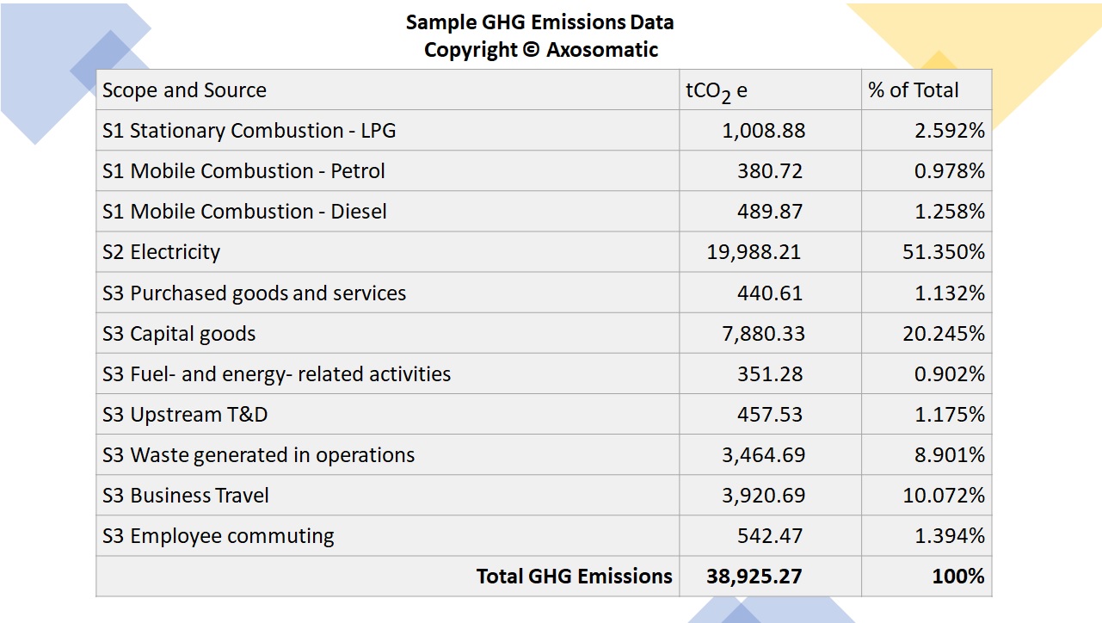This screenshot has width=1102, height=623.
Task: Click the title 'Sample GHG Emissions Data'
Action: [539, 22]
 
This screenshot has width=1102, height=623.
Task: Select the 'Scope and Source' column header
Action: [184, 90]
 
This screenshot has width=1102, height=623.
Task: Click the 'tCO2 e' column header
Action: [717, 91]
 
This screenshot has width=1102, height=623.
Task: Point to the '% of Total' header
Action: [914, 90]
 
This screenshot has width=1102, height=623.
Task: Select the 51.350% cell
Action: [944, 252]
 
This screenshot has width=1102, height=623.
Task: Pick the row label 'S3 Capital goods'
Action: [179, 334]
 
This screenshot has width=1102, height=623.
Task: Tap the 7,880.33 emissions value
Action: [764, 334]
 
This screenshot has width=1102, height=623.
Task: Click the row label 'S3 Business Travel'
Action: [186, 496]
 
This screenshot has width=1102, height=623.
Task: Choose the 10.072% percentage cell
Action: [944, 496]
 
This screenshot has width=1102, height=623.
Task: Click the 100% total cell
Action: [958, 577]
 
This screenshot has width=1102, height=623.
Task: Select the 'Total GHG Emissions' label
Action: [575, 577]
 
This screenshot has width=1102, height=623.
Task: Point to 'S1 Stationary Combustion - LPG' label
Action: [249, 131]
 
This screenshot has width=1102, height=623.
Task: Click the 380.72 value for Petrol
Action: [770, 171]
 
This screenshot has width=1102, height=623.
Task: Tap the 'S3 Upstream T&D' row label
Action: [185, 415]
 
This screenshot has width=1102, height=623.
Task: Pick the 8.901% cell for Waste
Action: [950, 455]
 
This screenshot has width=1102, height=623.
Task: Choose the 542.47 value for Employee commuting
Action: [770, 536]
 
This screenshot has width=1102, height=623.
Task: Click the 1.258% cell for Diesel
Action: [950, 212]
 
